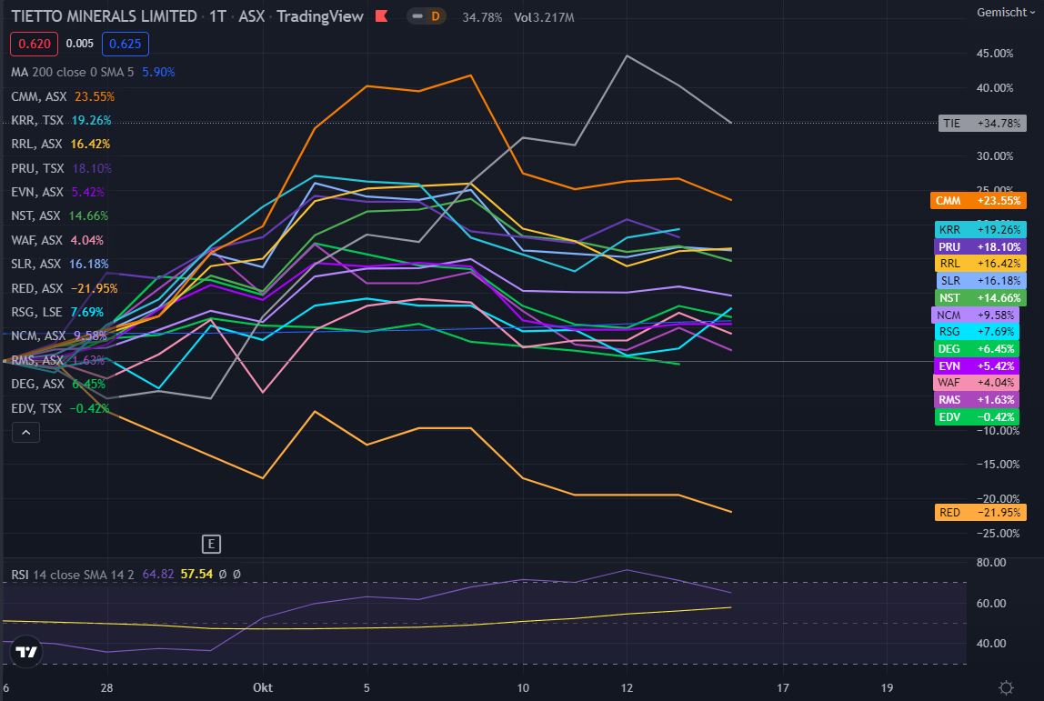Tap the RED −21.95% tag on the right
tap(979, 513)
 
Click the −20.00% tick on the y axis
tap(995, 498)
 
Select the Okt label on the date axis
tap(263, 687)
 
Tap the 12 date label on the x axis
tap(627, 687)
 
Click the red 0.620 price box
tap(35, 44)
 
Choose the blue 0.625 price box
tap(125, 44)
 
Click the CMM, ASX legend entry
tap(39, 96)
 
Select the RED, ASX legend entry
tap(37, 288)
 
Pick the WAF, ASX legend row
tap(38, 240)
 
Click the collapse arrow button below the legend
tap(25, 433)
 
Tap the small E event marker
tap(211, 545)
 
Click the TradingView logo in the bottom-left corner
tap(27, 652)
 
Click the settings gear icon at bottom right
tap(1006, 687)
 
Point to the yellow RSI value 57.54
tap(196, 575)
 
